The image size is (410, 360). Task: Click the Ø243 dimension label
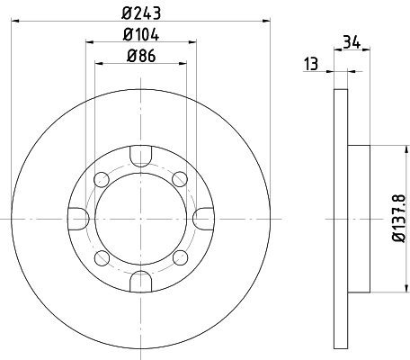click(x=141, y=13)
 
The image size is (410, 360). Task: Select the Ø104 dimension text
click(x=141, y=34)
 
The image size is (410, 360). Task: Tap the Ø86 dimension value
click(x=141, y=56)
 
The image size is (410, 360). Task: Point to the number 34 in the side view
click(x=352, y=42)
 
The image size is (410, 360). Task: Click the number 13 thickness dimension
click(x=311, y=64)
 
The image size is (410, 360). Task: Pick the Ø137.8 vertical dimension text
click(x=399, y=219)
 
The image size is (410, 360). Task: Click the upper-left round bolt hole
click(x=102, y=179)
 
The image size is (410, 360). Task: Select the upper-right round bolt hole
click(x=180, y=179)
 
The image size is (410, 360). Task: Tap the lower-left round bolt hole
click(x=102, y=258)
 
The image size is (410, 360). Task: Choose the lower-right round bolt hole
click(x=180, y=258)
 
